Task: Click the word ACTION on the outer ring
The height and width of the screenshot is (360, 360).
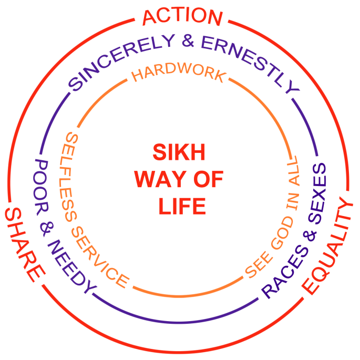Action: tap(182, 17)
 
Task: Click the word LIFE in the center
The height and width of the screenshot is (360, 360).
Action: tap(182, 206)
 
